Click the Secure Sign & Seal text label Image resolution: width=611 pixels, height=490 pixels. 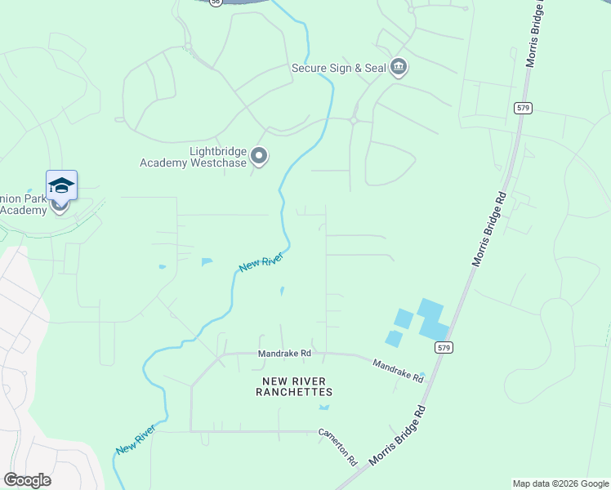[x=338, y=68]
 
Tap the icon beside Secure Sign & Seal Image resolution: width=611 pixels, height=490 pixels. [x=399, y=67]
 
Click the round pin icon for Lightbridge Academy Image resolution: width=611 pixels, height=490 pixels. [x=260, y=155]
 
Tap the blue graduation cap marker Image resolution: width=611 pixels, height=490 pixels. [x=61, y=186]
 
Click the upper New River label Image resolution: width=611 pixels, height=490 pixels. [x=261, y=263]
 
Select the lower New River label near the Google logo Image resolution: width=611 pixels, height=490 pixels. [x=136, y=439]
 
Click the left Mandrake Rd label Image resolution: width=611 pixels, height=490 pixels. [x=285, y=354]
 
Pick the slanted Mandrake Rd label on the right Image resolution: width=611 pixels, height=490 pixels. [x=399, y=371]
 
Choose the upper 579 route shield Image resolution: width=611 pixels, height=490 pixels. [x=523, y=108]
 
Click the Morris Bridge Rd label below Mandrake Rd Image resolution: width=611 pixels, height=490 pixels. [x=399, y=435]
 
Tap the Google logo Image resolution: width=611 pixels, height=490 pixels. [x=27, y=480]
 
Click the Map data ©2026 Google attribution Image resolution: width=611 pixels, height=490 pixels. [x=560, y=483]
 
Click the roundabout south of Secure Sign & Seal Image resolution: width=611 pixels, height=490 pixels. [x=354, y=120]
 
